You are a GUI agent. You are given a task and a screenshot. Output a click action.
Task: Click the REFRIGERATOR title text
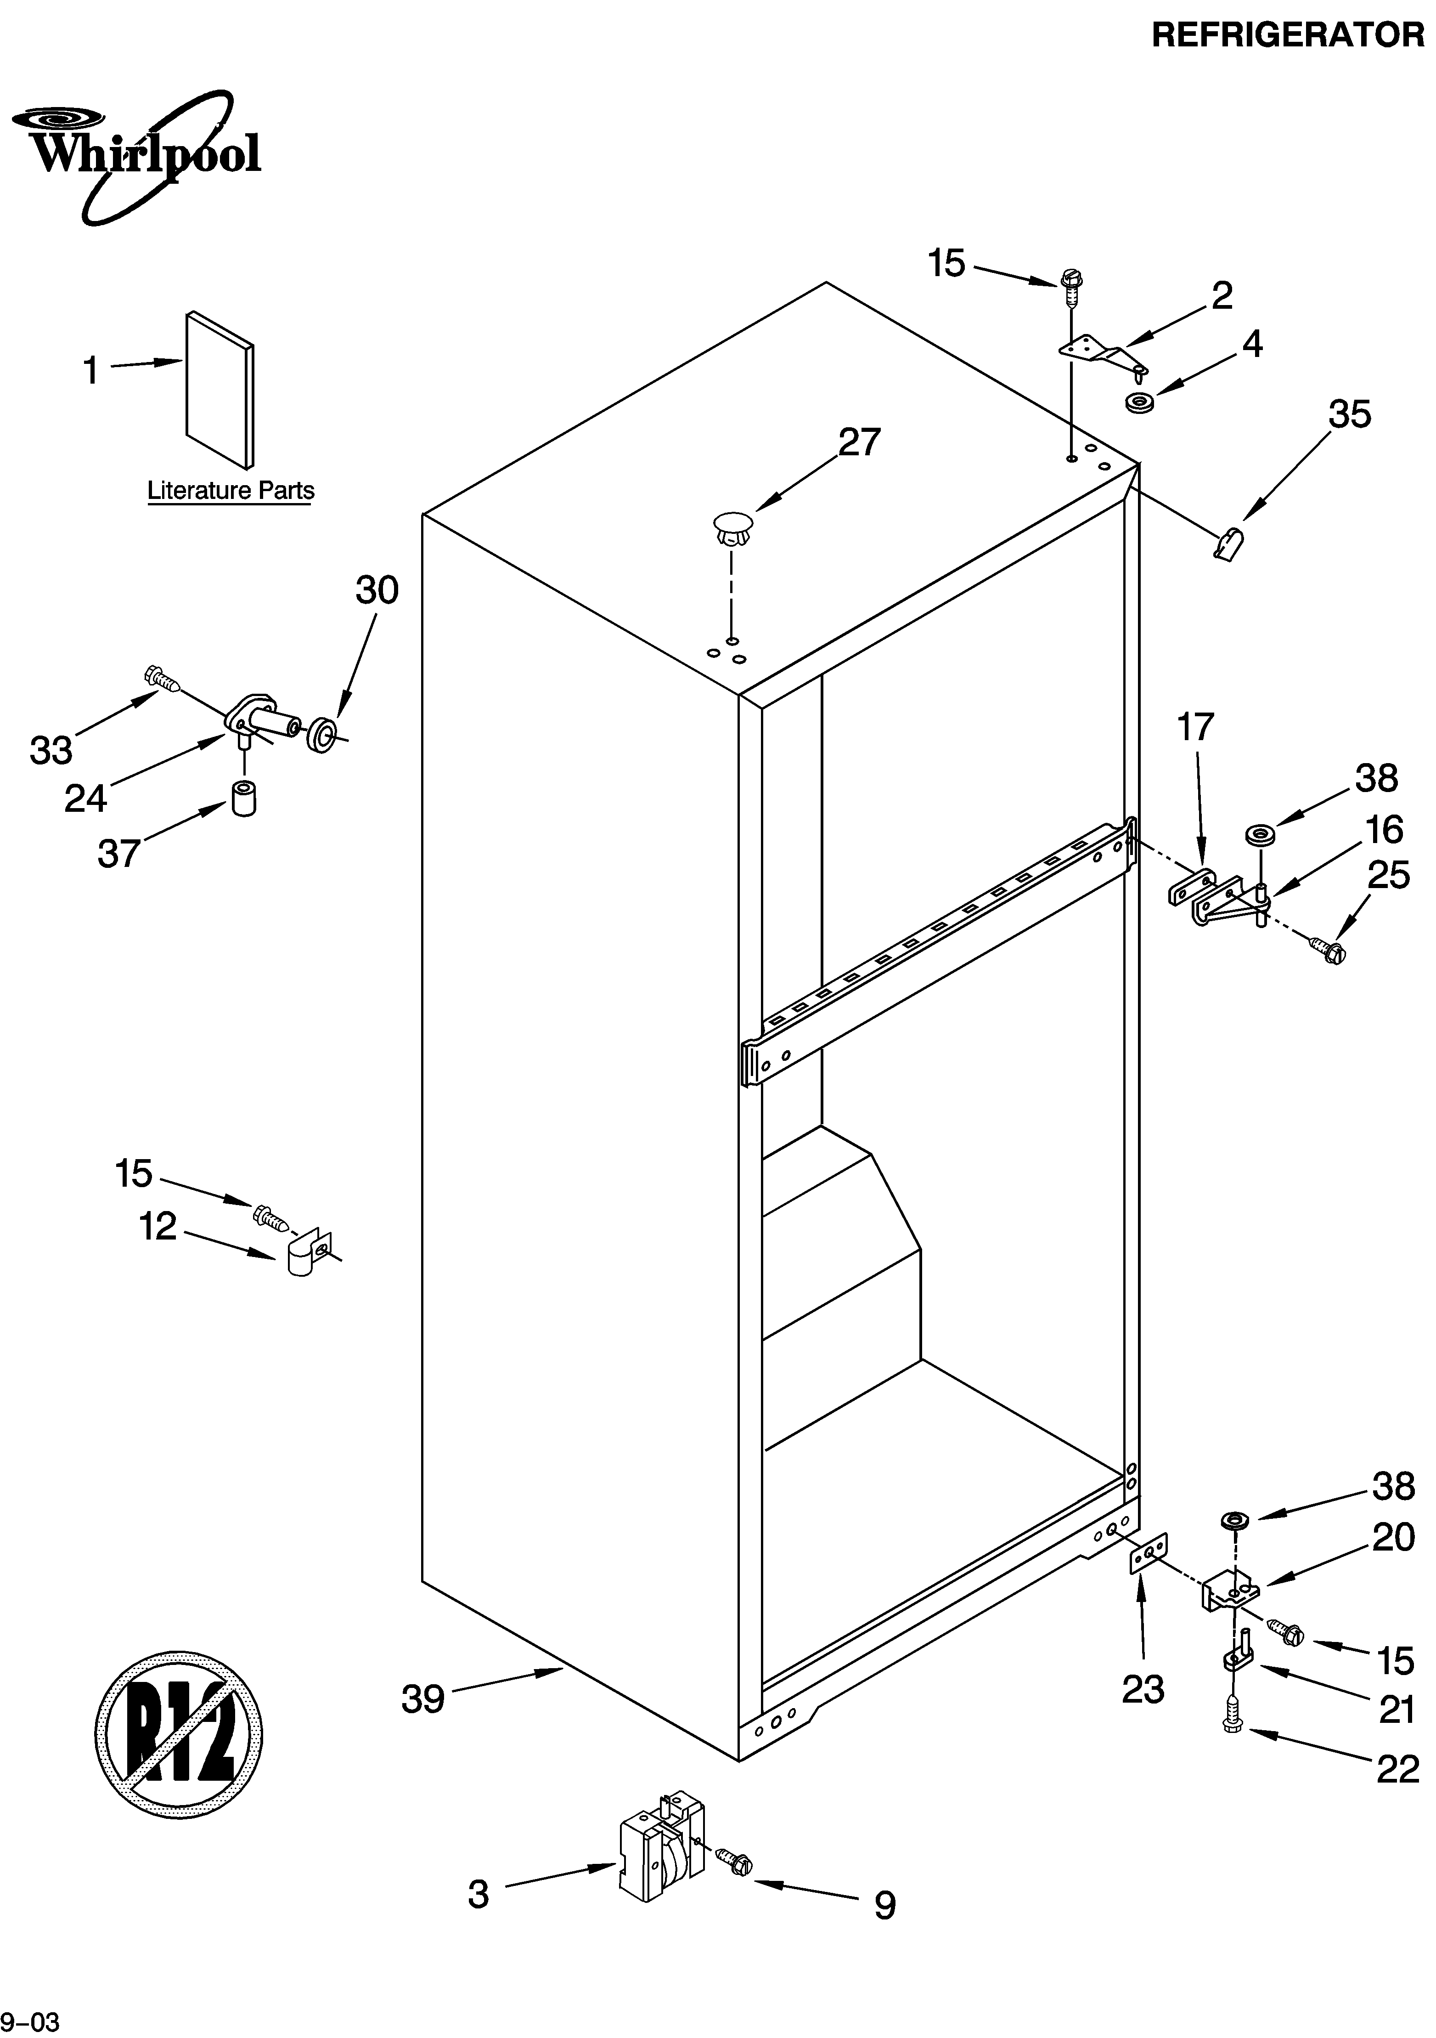coord(1287,35)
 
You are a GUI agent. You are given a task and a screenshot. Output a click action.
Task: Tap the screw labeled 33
coord(163,679)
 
